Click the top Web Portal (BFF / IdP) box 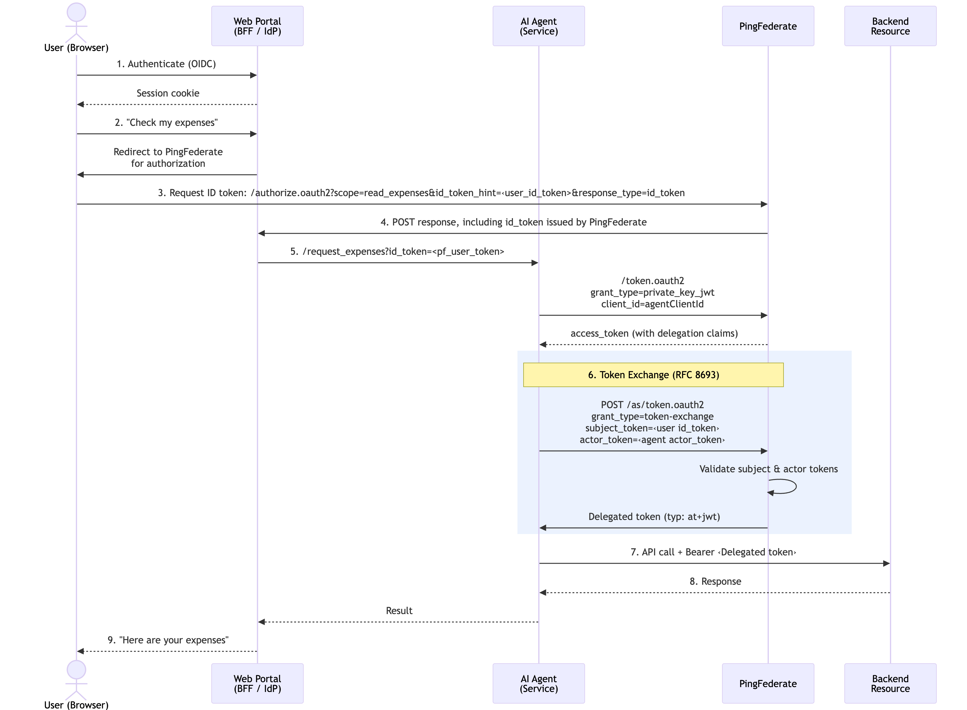coord(257,26)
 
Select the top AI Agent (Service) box coord(538,26)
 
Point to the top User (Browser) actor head coord(76,12)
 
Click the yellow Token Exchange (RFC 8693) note coord(653,375)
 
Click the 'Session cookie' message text coord(168,93)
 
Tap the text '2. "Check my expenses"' coord(166,123)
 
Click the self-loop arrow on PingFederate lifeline coord(787,486)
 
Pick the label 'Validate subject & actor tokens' coord(768,469)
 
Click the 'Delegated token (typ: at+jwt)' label coord(654,517)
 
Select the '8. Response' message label coord(715,581)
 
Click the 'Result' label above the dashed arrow coord(399,611)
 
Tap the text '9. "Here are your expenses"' coord(168,640)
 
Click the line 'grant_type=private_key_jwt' coord(652,293)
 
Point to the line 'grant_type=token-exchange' coord(652,416)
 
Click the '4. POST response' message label coord(513,222)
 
